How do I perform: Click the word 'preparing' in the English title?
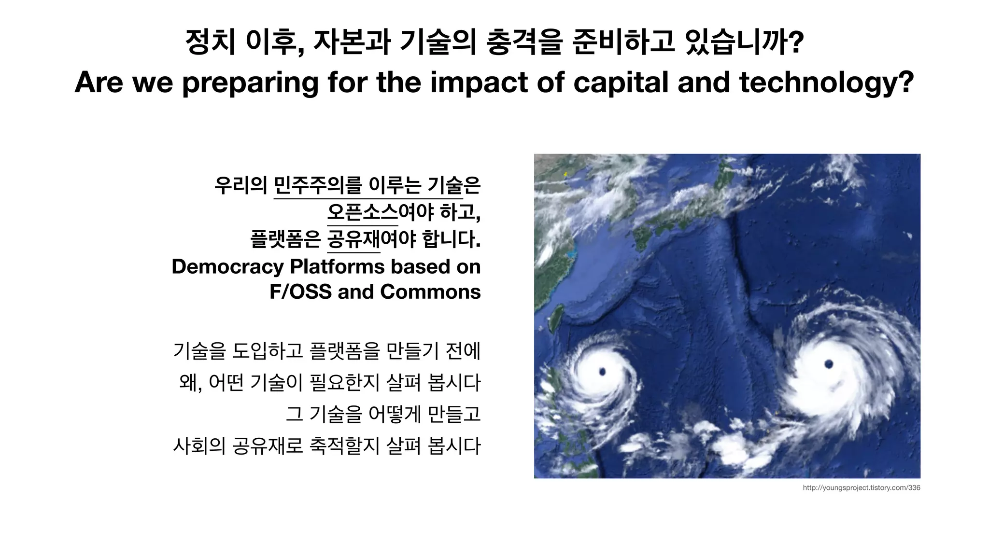(250, 82)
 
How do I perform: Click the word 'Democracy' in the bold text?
(227, 266)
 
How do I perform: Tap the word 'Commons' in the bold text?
(430, 292)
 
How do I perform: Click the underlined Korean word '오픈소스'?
(363, 212)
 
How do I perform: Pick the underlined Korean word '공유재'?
(353, 239)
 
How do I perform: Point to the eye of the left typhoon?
(602, 371)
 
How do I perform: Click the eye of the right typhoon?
(829, 364)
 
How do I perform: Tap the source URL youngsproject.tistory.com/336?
(861, 488)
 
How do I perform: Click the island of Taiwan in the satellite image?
(556, 319)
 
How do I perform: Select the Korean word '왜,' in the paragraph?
(190, 383)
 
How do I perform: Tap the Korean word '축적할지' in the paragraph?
(344, 445)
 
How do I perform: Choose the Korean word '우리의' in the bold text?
(240, 185)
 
